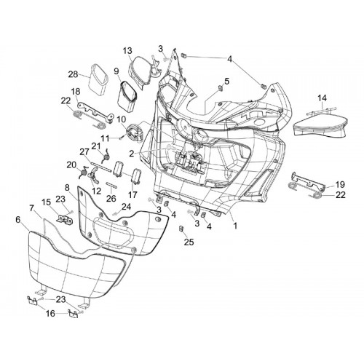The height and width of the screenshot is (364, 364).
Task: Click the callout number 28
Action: [x=73, y=74]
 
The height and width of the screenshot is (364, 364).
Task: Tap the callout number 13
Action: [x=127, y=51]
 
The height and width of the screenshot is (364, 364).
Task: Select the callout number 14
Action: [x=323, y=98]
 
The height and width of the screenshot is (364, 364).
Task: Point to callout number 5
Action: [x=226, y=81]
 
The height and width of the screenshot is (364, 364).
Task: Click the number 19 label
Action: [x=340, y=184]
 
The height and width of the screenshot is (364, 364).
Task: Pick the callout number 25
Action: [x=189, y=242]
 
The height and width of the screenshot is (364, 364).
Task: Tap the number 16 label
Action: [x=50, y=314]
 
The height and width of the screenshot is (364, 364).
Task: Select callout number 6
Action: [x=17, y=220]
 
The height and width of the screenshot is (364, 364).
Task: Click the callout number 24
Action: [x=126, y=207]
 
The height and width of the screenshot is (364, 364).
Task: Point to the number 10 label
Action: [x=122, y=119]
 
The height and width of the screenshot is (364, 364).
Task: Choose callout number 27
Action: [x=84, y=152]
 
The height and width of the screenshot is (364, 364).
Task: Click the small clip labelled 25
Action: [x=181, y=229]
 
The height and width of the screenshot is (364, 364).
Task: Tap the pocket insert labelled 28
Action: [x=98, y=79]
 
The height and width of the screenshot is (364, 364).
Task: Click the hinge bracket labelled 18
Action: [x=95, y=111]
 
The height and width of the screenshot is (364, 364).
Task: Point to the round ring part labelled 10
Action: [x=134, y=132]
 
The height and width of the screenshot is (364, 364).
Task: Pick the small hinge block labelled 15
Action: [x=65, y=219]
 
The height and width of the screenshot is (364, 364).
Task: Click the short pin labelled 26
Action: [x=111, y=185]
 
